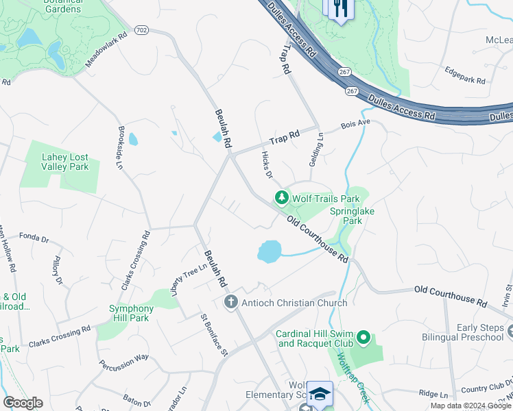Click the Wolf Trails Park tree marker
pos(281,199)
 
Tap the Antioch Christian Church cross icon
pos(231,302)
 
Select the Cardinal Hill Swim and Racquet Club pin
pos(363,338)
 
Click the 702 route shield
pos(142,30)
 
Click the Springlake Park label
pos(352,216)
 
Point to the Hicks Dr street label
pos(267,164)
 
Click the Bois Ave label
pos(356,125)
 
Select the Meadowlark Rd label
pos(107,50)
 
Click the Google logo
pos(23,403)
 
